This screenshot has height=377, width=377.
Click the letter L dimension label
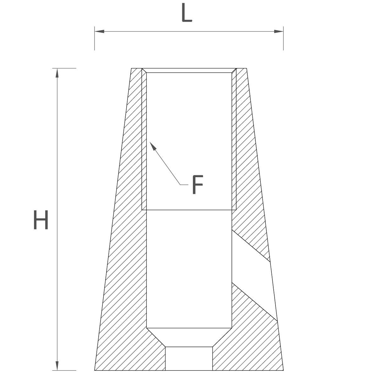(x=187, y=12)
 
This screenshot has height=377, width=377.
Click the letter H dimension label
(x=41, y=220)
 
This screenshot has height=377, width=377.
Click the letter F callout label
(x=198, y=185)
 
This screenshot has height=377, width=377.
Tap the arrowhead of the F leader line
(x=153, y=146)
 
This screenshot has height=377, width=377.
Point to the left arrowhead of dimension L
(x=99, y=31)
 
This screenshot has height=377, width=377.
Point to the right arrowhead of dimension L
(x=279, y=31)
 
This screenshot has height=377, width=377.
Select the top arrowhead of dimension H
(x=57, y=73)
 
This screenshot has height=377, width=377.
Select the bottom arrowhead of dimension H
(x=57, y=366)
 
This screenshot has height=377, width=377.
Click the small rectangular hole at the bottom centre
(x=189, y=358)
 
